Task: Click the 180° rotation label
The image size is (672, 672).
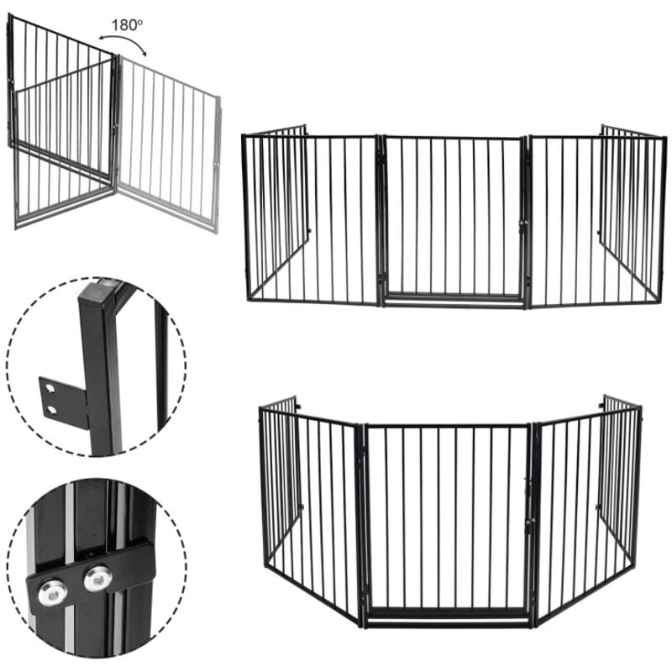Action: click(127, 25)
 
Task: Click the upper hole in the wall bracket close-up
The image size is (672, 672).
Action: click(50, 388)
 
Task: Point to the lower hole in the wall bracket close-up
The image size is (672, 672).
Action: click(52, 410)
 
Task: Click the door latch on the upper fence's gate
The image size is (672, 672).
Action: click(523, 227)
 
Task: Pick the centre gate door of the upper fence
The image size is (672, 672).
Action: click(453, 217)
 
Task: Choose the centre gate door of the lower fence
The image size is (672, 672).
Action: click(448, 517)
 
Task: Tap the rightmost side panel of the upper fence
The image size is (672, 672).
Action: click(633, 214)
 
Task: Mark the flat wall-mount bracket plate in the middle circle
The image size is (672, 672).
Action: click(65, 402)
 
